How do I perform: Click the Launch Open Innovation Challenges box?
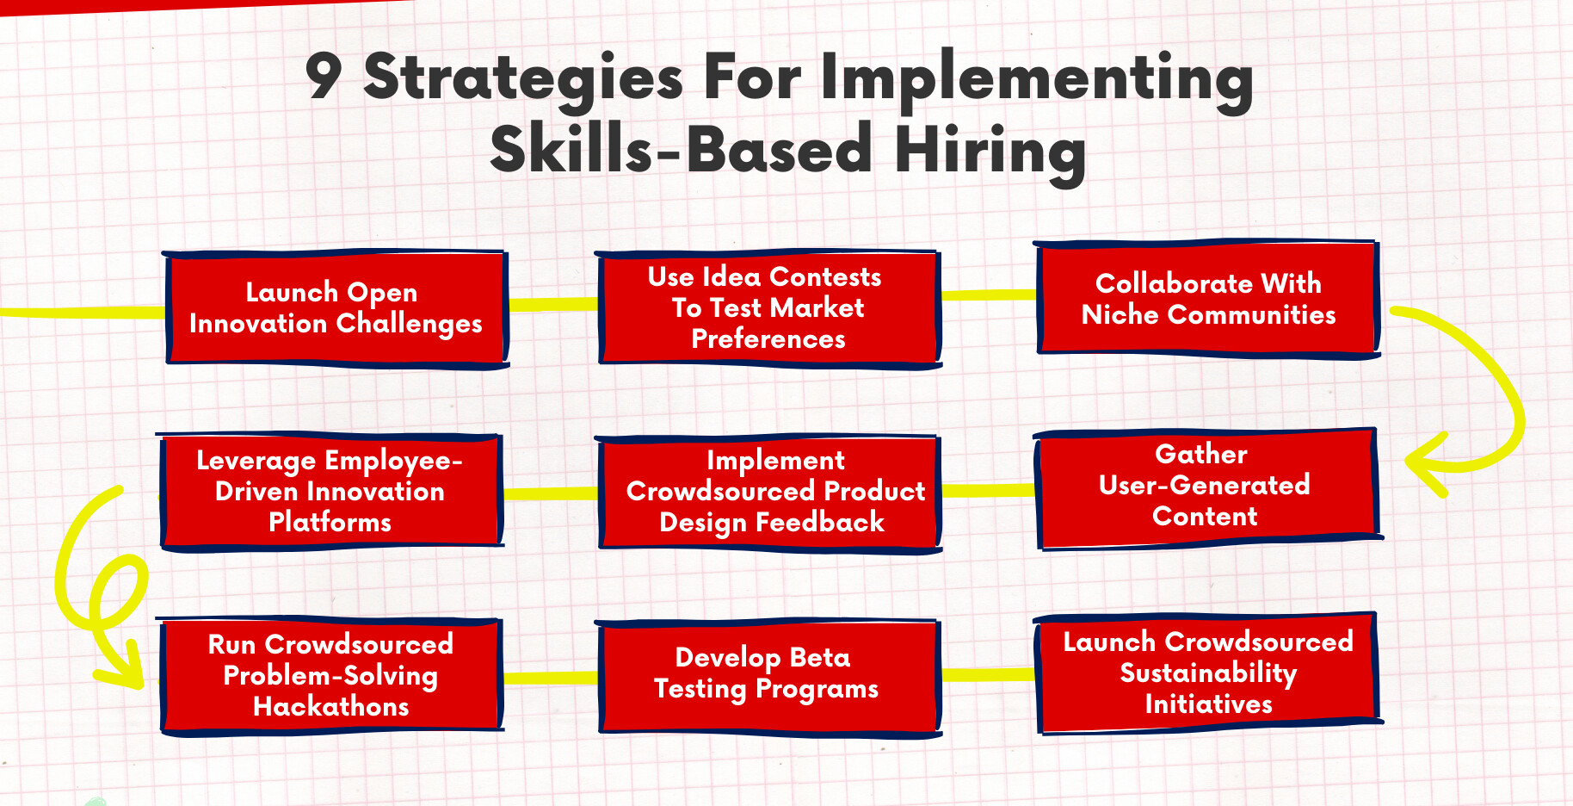click(x=336, y=308)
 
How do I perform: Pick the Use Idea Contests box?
click(x=768, y=308)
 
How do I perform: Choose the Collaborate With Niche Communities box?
click(x=1207, y=298)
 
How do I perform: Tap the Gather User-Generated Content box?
click(x=1207, y=487)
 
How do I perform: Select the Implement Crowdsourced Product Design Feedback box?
click(x=768, y=493)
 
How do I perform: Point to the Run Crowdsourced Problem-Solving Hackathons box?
click(x=331, y=675)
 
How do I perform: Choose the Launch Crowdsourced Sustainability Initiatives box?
click(x=1208, y=673)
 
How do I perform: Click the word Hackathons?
click(x=331, y=706)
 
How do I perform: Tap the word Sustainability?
click(x=1208, y=673)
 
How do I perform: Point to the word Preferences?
click(x=768, y=339)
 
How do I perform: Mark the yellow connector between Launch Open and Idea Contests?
click(x=553, y=304)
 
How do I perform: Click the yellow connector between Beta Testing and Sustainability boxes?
click(x=989, y=674)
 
